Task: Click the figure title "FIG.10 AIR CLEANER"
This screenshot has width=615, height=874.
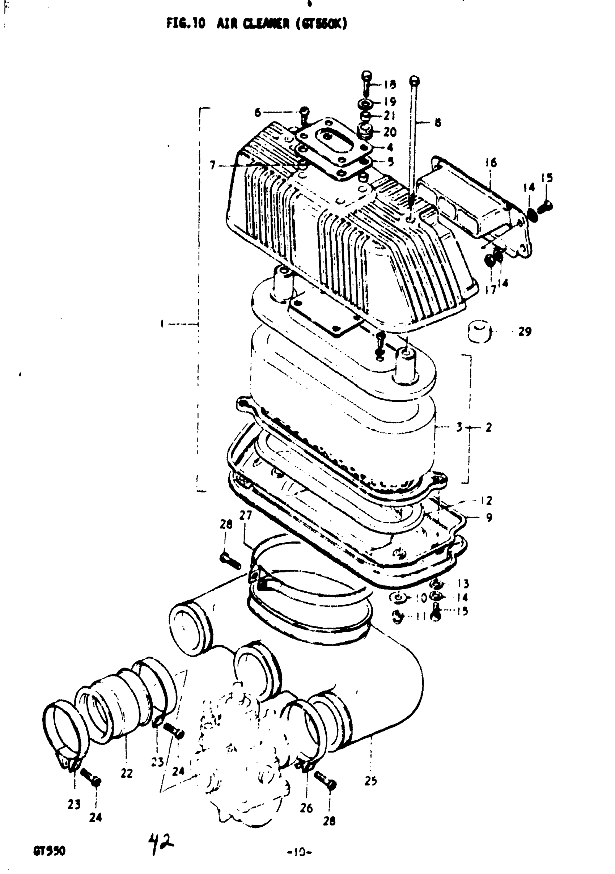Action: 257,24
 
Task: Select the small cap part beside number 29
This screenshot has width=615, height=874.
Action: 479,332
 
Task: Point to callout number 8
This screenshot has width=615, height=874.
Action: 438,123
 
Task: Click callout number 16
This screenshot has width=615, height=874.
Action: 491,163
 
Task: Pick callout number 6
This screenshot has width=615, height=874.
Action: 258,113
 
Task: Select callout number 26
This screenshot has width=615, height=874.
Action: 306,807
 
